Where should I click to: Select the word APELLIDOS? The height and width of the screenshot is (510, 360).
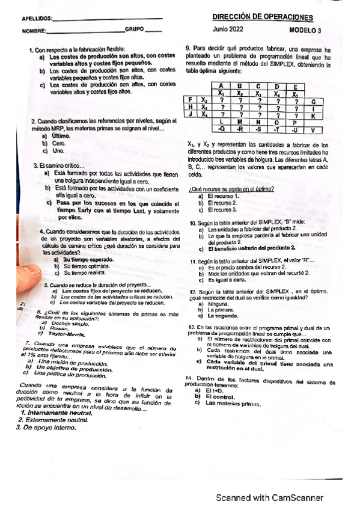coord(36,19)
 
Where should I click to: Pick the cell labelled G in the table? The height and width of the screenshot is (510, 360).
coord(313,101)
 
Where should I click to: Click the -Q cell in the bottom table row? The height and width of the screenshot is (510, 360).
coord(222,129)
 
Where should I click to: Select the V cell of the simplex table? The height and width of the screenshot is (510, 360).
coord(313,129)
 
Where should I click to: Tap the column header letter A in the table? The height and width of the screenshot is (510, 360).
coord(222,86)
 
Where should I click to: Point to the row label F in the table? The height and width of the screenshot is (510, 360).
coord(190,100)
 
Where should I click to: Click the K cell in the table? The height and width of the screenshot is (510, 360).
coord(313,115)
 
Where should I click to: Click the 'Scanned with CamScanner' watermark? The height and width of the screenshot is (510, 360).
coord(270,498)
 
